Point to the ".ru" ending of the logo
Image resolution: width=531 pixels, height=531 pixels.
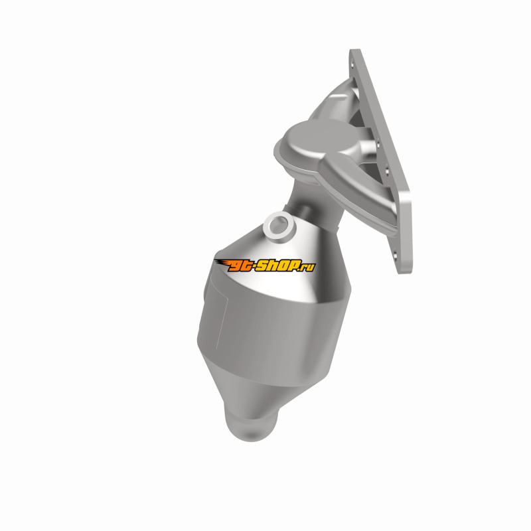click(307, 267)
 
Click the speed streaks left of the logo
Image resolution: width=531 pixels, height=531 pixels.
click(222, 263)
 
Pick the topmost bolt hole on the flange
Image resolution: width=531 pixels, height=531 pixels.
click(353, 64)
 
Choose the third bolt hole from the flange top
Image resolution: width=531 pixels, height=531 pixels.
click(386, 171)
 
